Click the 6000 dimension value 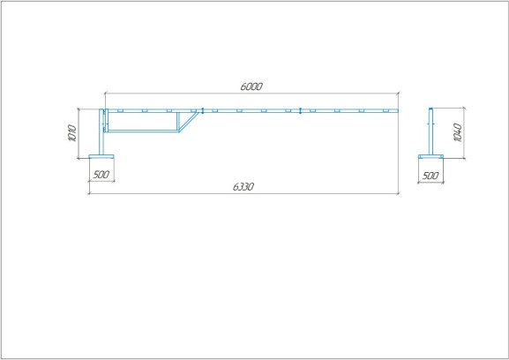pos(251,86)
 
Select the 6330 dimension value pos(243,187)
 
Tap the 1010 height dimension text pos(72,133)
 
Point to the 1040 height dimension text pos(457,132)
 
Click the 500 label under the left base pos(101,175)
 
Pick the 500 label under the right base pos(430,176)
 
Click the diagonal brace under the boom pos(189,122)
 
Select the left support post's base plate pos(101,156)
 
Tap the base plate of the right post pos(430,156)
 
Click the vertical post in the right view pos(430,131)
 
